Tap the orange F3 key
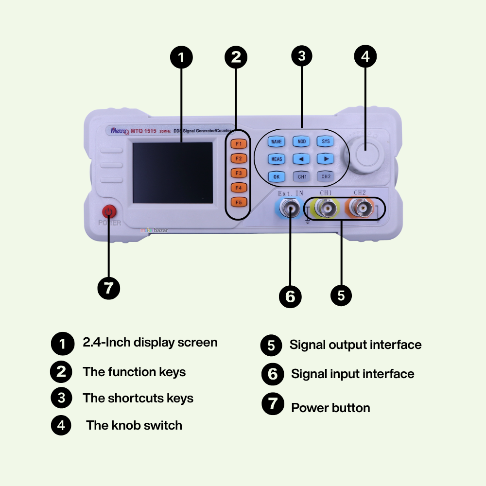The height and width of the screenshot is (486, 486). pyautogui.click(x=239, y=173)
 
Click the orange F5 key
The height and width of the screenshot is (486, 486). pyautogui.click(x=239, y=202)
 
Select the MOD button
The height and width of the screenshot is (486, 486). pyautogui.click(x=301, y=141)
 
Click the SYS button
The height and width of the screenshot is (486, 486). pyautogui.click(x=326, y=141)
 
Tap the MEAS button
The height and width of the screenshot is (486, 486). pyautogui.click(x=277, y=159)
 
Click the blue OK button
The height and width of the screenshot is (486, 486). pyautogui.click(x=277, y=176)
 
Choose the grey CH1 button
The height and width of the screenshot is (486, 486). pyautogui.click(x=302, y=176)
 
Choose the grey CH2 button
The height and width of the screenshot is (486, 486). pyautogui.click(x=326, y=176)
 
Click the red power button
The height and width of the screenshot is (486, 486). pyautogui.click(x=109, y=212)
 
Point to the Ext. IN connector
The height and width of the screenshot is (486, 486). pyautogui.click(x=290, y=209)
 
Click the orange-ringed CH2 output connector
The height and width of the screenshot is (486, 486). pyautogui.click(x=362, y=209)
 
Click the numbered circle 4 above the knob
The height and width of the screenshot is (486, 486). pyautogui.click(x=365, y=57)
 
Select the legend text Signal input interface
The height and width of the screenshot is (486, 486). pyautogui.click(x=352, y=374)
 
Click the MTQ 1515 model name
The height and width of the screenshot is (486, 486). pyautogui.click(x=143, y=130)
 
